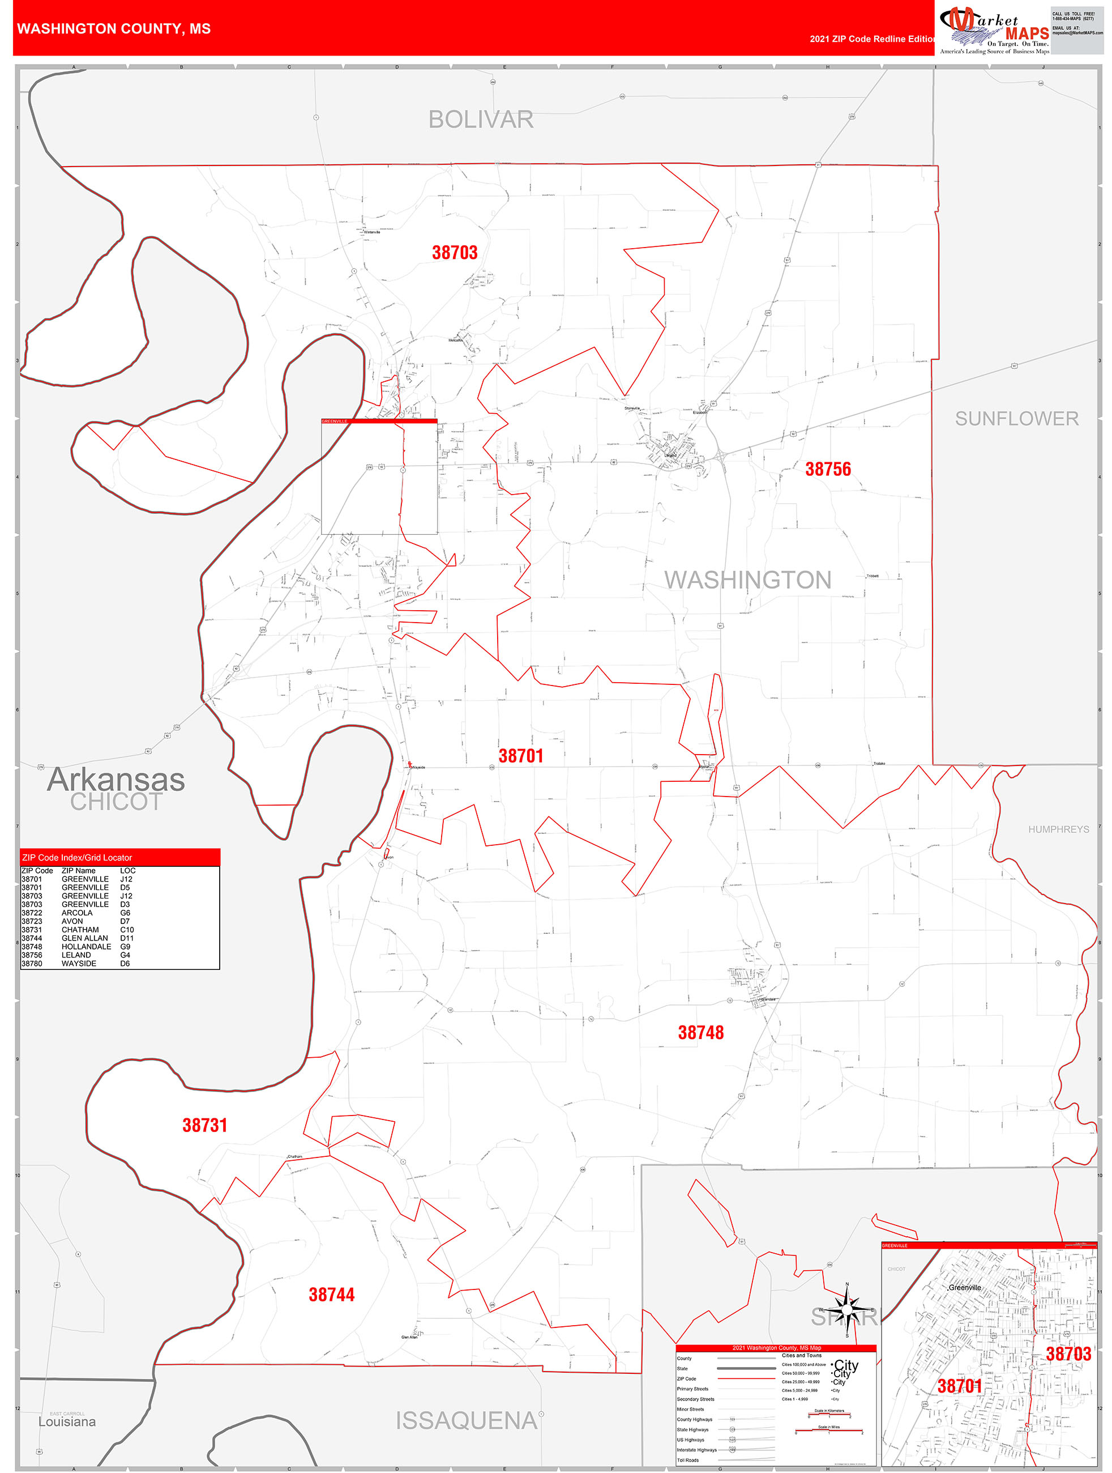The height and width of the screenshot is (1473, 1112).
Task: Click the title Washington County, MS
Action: pos(114,29)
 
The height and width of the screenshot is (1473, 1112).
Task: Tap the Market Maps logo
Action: pos(994,30)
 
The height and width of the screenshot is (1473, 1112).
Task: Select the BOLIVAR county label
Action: pos(481,120)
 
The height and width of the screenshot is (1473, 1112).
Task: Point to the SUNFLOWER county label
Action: pos(1016,419)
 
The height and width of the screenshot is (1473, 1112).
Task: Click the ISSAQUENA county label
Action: pos(466,1421)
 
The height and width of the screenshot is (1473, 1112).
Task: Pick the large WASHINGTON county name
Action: pos(747,580)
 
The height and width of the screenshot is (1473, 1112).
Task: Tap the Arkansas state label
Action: pos(116,780)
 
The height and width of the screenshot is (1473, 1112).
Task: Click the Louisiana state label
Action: pos(67,1421)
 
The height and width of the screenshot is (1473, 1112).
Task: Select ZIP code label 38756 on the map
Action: pos(828,470)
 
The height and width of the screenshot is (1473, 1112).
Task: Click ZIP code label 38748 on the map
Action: pos(701,1033)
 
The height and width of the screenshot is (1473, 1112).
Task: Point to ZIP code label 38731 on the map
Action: pos(205,1125)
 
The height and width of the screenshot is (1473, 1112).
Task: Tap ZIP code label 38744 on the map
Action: pos(331,1295)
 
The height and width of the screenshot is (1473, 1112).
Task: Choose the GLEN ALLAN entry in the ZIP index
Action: pos(84,938)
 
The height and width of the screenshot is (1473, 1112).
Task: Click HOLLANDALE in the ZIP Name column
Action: pos(87,947)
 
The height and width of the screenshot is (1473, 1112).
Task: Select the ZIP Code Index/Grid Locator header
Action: pos(77,858)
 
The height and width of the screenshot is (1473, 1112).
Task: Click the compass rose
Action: pos(847,1310)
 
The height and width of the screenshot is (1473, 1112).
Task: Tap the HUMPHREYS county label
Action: pos(1058,829)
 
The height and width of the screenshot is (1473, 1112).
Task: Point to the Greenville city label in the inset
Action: pos(964,1287)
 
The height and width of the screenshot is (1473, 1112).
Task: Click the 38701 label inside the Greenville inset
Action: pos(960,1386)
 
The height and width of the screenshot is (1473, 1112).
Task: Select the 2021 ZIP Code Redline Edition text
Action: pos(873,39)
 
